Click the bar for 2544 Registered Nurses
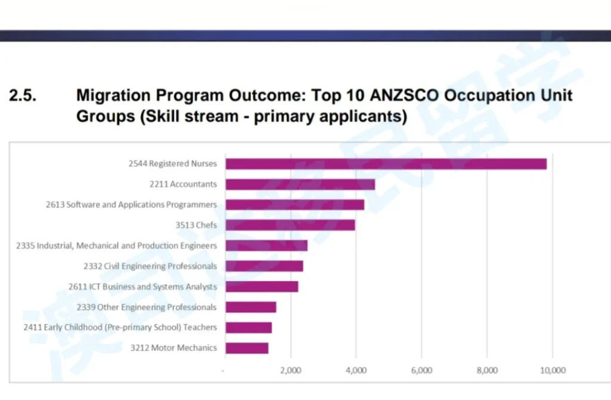coord(386,164)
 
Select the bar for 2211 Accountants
coord(300,184)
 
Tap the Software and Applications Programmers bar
coord(295,205)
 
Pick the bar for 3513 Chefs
coord(290,225)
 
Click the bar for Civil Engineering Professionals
coord(264,266)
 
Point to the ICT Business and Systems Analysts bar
coord(262,287)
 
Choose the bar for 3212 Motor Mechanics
coord(247,347)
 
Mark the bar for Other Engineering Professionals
coord(251,307)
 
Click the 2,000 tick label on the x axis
coord(291,370)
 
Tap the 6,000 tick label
coord(421,370)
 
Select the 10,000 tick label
coord(553,370)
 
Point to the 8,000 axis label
coord(487,370)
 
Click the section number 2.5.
coord(24,96)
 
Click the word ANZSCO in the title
coord(406,96)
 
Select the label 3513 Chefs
coord(196,225)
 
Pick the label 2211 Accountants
coord(183,184)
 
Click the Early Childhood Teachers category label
coord(120,327)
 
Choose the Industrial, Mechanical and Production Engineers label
coord(116,245)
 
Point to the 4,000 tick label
coord(356,370)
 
